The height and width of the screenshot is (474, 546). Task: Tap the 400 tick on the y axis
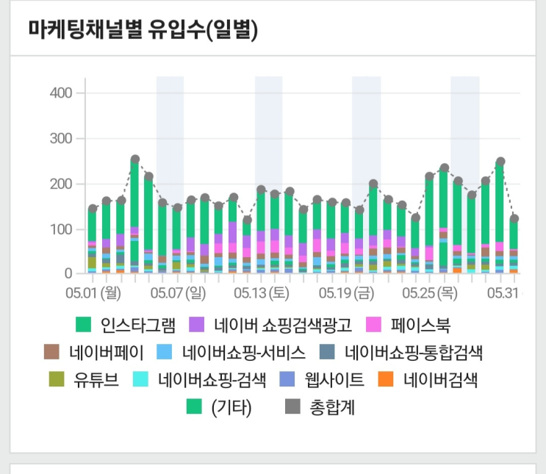click(x=61, y=93)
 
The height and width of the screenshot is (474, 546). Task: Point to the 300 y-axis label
click(x=61, y=139)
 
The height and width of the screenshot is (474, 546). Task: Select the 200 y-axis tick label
click(x=61, y=184)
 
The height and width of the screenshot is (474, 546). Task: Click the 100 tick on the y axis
click(x=61, y=230)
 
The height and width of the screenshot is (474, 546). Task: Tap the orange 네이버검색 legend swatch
click(x=385, y=380)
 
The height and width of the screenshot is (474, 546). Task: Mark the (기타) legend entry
click(x=231, y=408)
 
